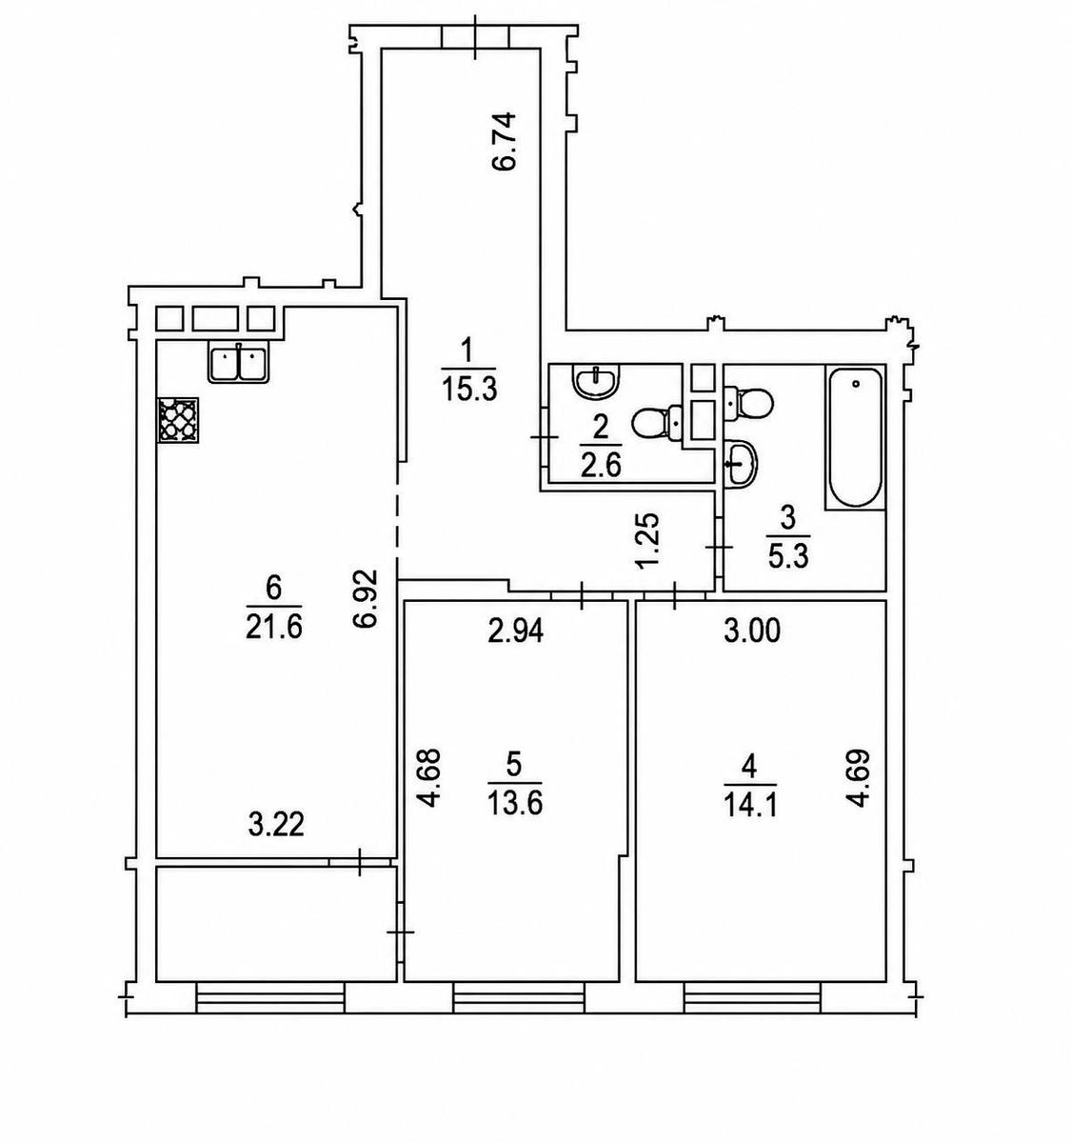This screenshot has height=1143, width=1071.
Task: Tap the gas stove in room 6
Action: point(178,421)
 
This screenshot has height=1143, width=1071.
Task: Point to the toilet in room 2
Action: point(657,423)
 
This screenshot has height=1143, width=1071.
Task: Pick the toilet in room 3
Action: point(747,402)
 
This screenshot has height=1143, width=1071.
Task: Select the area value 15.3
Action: point(468,391)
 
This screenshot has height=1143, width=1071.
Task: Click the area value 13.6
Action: point(515,804)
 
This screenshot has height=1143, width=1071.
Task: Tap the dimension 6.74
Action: point(505,141)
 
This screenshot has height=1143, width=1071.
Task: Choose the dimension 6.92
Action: point(367,597)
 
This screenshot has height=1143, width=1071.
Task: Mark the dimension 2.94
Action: point(515,632)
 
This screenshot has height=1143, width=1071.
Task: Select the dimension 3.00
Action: point(752,632)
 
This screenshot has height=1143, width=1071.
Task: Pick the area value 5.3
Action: point(789,557)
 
